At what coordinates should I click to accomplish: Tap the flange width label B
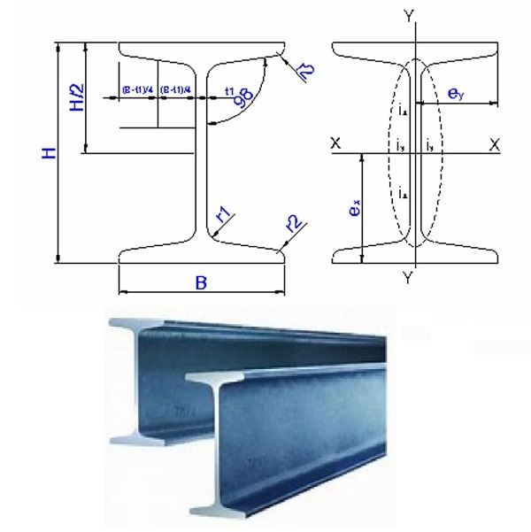click(201, 284)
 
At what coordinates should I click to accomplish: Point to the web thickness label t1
click(229, 91)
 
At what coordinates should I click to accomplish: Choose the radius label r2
click(293, 221)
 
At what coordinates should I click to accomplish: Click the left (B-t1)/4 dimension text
click(137, 90)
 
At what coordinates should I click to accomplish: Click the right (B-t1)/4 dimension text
click(176, 90)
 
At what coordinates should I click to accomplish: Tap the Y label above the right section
click(407, 15)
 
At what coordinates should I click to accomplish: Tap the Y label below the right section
click(407, 278)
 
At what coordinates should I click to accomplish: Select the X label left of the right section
click(335, 143)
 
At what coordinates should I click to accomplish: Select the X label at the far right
click(494, 143)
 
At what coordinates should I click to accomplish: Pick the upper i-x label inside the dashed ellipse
click(402, 111)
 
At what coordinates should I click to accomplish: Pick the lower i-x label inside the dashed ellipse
click(402, 192)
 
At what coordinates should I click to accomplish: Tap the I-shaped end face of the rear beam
click(124, 381)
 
